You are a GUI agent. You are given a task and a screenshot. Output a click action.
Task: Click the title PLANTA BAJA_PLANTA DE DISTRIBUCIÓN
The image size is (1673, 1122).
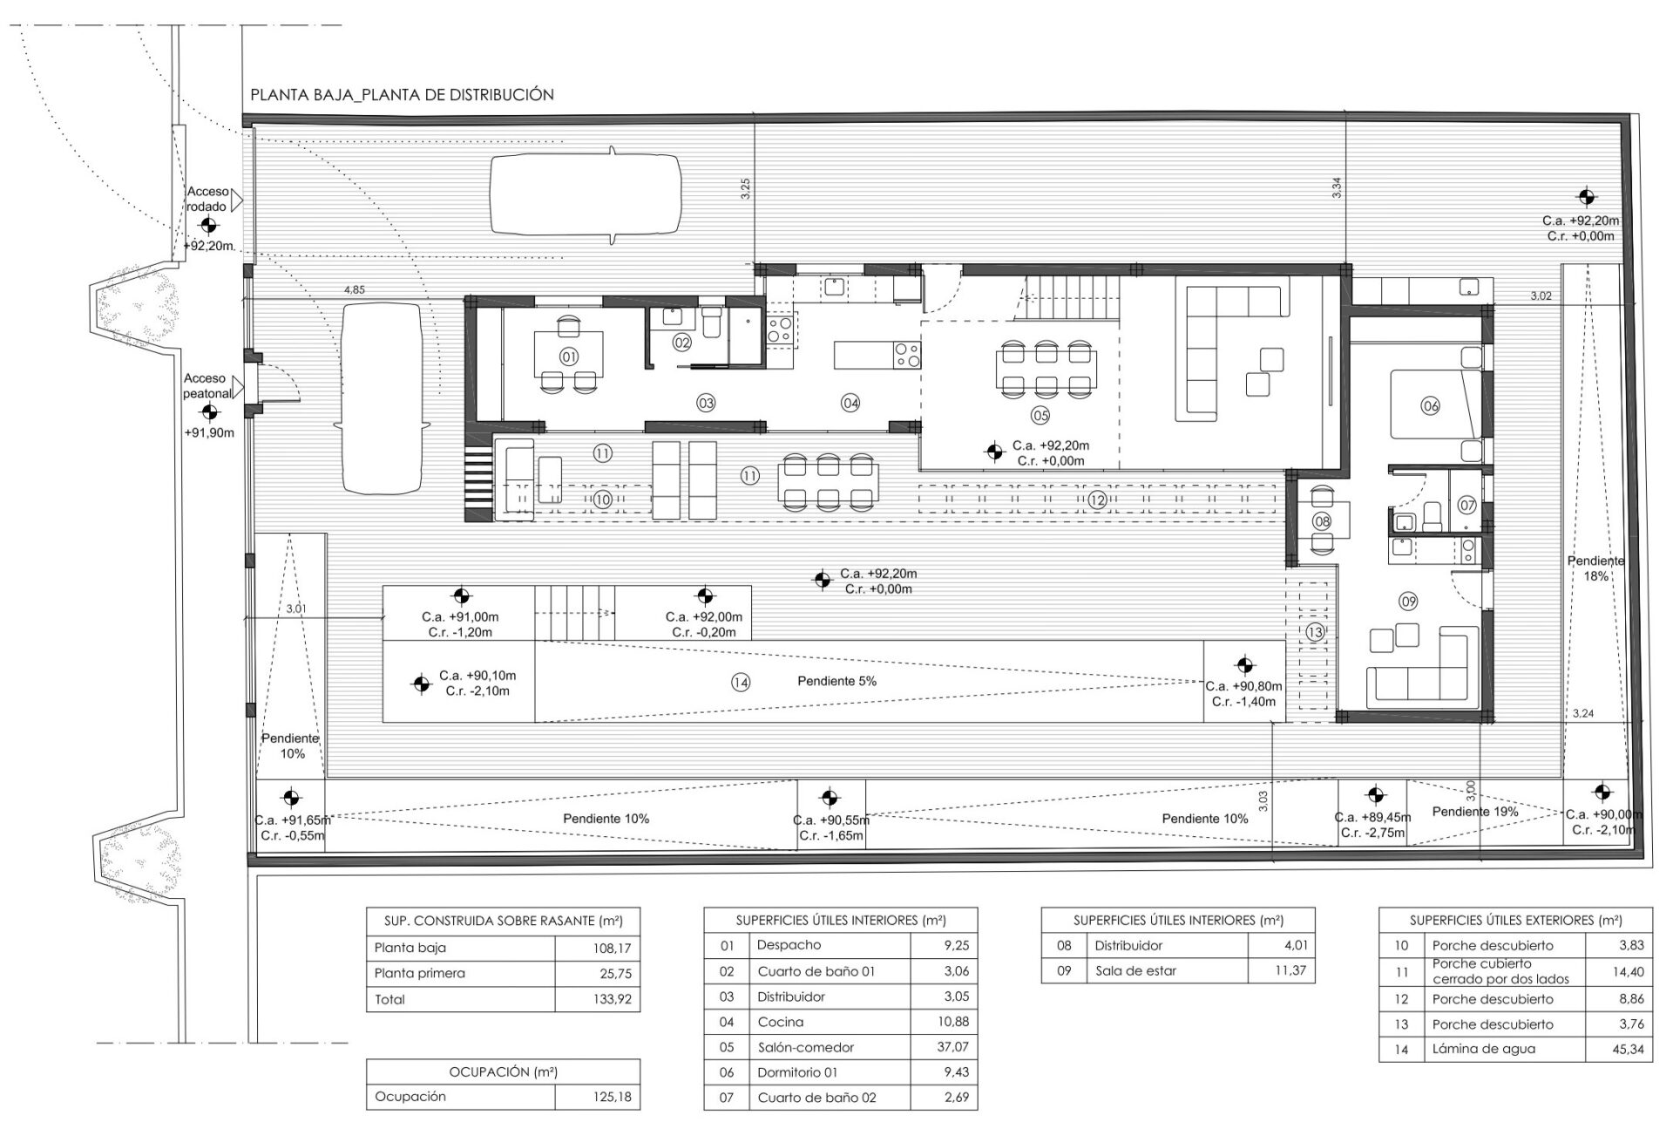point(402,95)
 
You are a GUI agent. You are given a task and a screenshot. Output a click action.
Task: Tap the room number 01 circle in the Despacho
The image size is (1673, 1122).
point(569,357)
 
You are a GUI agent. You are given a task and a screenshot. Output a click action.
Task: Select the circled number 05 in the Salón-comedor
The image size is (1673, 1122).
point(1040,414)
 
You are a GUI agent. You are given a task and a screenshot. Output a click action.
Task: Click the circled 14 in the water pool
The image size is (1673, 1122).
point(741,683)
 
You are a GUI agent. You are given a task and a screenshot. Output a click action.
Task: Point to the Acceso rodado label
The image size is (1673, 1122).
point(207,199)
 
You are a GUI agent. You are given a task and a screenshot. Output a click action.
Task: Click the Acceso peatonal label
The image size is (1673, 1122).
point(207,385)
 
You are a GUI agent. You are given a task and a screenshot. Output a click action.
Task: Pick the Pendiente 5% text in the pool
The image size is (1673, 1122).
point(836,681)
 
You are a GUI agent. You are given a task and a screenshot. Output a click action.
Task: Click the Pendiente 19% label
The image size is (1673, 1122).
point(1475,812)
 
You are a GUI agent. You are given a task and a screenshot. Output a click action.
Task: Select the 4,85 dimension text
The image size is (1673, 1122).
point(355,289)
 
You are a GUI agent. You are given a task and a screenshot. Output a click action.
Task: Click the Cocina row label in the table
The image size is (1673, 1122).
point(781,1022)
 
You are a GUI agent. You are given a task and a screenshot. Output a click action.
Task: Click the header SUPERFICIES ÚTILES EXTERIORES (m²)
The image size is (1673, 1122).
point(1515,921)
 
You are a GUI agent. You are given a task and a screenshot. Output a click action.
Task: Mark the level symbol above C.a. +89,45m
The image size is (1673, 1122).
point(1375,795)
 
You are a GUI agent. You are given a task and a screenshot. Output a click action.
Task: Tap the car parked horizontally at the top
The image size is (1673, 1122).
point(586,194)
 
